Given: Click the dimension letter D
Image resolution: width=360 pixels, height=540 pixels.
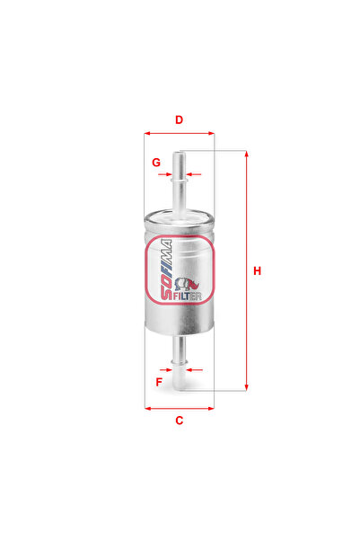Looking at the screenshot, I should (x=180, y=120).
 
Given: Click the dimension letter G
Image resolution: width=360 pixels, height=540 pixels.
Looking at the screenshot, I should (x=156, y=163).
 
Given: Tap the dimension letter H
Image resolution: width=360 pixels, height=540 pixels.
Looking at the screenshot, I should (x=257, y=271).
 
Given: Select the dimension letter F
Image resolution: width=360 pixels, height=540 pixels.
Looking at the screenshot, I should (x=158, y=382).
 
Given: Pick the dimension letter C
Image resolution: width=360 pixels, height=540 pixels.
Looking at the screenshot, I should (x=180, y=420).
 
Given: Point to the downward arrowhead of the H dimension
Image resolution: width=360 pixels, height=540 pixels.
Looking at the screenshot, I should (x=246, y=387).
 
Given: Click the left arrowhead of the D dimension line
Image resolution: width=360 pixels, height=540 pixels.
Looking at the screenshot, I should (x=147, y=134).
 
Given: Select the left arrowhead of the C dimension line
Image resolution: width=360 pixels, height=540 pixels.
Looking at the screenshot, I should (x=147, y=407).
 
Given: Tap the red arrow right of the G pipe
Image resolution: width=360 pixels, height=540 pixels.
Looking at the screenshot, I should (x=198, y=174).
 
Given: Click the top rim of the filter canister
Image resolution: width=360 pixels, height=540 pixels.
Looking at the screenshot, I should (x=180, y=213).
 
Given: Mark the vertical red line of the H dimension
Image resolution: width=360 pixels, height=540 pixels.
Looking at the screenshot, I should (x=246, y=270).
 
